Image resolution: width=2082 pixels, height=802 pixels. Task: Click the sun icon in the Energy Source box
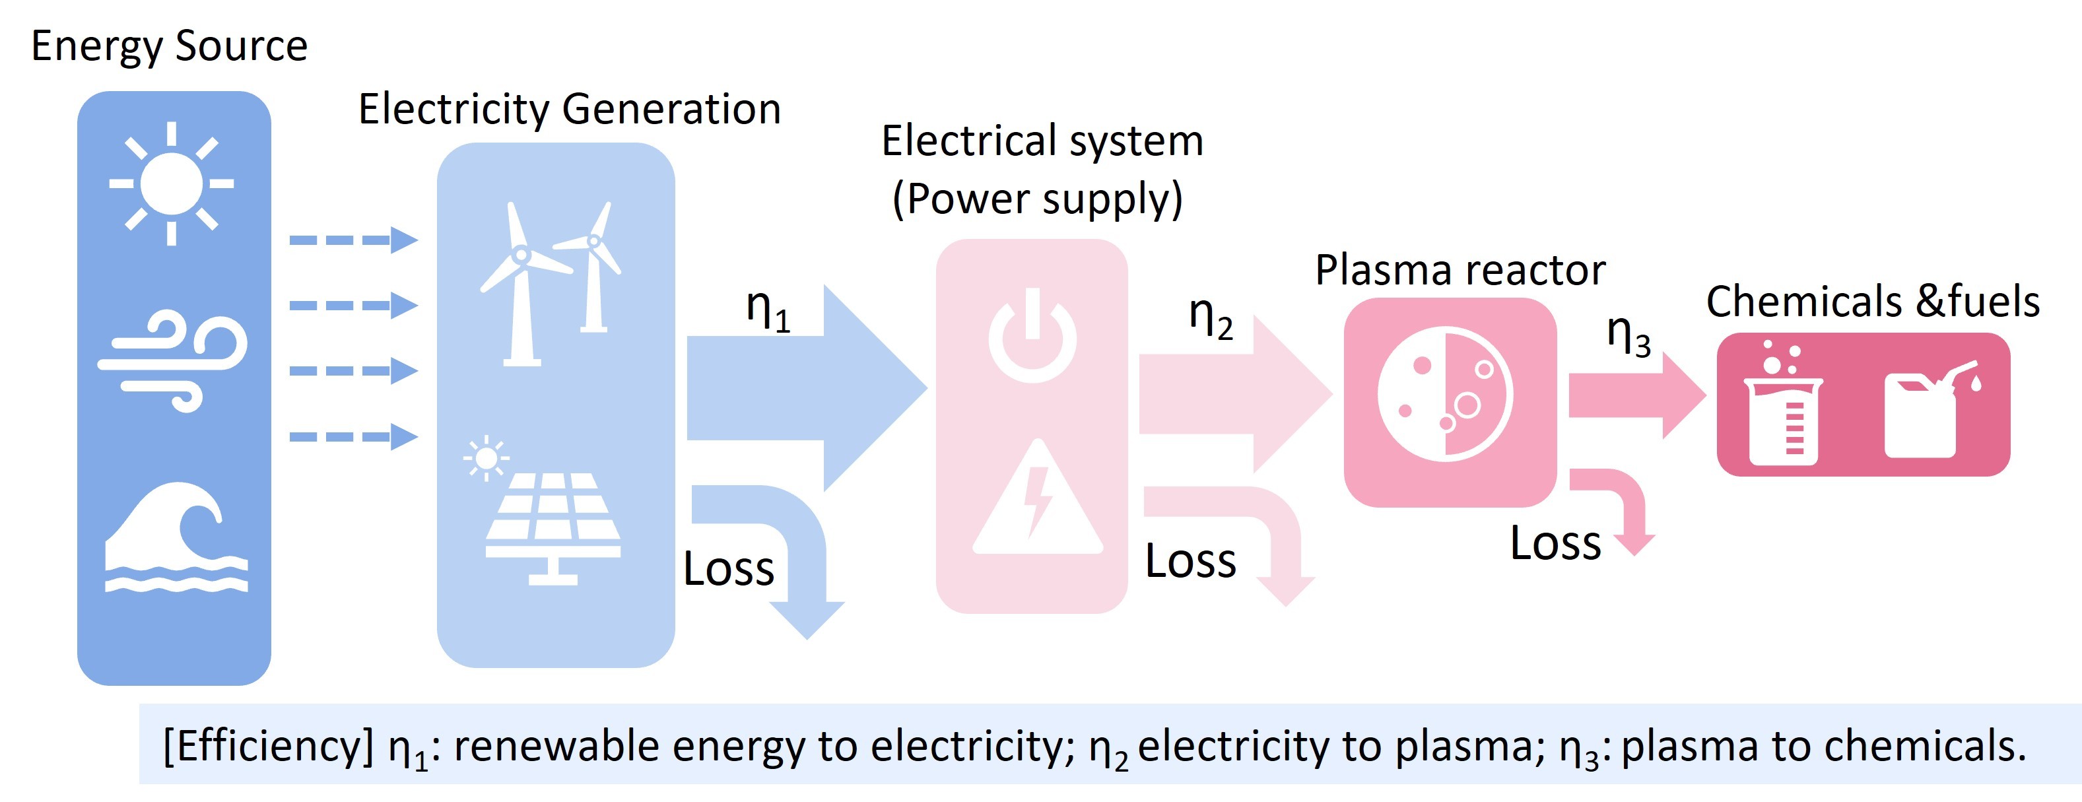pos(172,184)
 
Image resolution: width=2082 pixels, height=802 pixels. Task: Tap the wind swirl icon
pos(173,360)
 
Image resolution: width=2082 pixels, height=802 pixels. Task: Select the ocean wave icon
pos(176,537)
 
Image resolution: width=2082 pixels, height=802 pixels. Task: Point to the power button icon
pos(1032,335)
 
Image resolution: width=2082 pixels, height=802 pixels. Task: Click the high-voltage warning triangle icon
pos(1038,499)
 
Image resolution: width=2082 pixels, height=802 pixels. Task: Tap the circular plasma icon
pos(1444,395)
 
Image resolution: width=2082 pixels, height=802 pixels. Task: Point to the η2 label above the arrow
pos(1210,317)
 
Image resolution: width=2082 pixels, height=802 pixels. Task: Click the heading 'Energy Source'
pos(169,46)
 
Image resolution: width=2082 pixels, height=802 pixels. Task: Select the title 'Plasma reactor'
pos(1460,270)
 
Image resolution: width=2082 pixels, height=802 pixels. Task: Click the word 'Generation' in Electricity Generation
pos(671,109)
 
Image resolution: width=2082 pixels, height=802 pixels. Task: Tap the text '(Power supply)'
pos(1038,199)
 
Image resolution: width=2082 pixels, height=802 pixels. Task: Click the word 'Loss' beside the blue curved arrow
pos(728,568)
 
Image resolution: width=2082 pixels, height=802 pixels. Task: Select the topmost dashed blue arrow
pos(353,240)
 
